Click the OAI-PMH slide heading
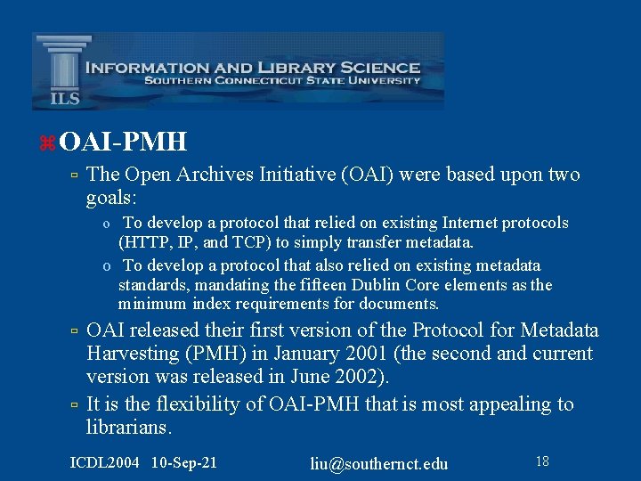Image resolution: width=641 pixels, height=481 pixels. pos(125,141)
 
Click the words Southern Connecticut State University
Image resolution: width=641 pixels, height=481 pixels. pos(282,81)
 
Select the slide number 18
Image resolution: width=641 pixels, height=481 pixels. pos(541,461)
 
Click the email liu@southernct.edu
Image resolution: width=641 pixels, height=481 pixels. pos(379,463)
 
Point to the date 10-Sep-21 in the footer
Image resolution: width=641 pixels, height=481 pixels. pos(184,462)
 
